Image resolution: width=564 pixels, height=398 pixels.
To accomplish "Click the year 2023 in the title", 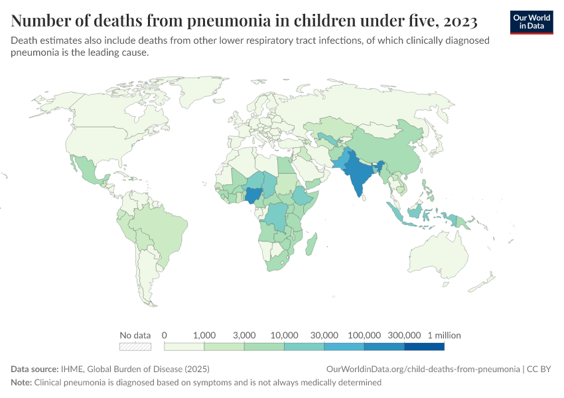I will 457,21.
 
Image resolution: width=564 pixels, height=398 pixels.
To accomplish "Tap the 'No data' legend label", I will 135,335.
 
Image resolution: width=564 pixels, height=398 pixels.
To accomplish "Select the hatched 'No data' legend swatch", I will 135,346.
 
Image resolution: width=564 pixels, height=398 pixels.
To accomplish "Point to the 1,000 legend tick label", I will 204,335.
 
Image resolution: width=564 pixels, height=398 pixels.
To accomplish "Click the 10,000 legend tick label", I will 284,335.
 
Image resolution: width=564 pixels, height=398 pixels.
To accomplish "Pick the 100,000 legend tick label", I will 364,335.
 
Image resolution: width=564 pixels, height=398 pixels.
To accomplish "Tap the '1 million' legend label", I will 444,335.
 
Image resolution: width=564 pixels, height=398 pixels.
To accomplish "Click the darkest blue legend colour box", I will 424,346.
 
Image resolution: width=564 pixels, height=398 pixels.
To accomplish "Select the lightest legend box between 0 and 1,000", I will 184,346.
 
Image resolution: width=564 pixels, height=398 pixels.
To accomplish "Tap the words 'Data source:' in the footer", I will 34,369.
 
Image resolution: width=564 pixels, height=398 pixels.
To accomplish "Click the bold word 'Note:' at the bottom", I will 21,383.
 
